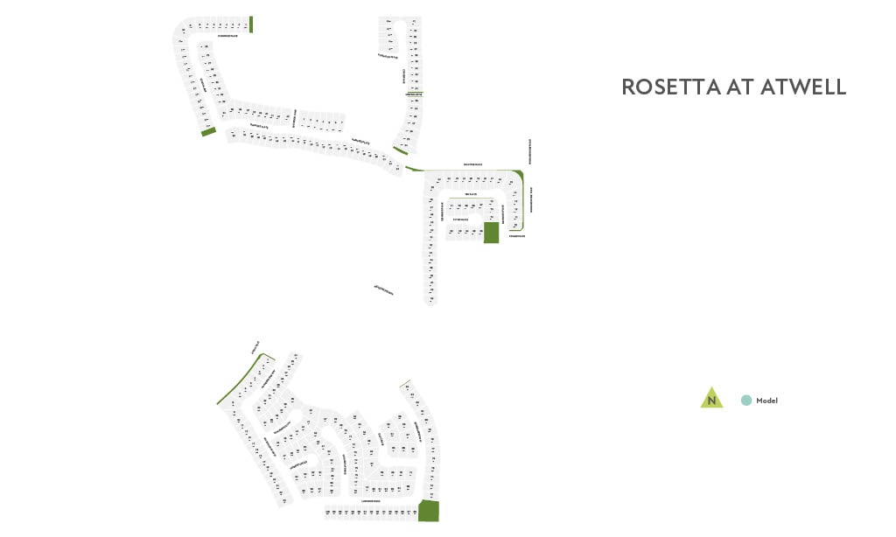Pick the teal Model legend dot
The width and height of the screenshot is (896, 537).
(746, 401)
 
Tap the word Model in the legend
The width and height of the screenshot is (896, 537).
(767, 401)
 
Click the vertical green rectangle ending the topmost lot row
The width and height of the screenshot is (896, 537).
(251, 24)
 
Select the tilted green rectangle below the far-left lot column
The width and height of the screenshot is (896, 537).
(208, 132)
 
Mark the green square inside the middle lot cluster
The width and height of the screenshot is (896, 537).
(491, 233)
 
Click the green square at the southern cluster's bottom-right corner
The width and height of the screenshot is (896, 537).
(429, 511)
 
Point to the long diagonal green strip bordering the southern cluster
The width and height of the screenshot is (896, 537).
(241, 380)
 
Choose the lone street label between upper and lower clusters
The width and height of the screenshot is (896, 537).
(383, 289)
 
